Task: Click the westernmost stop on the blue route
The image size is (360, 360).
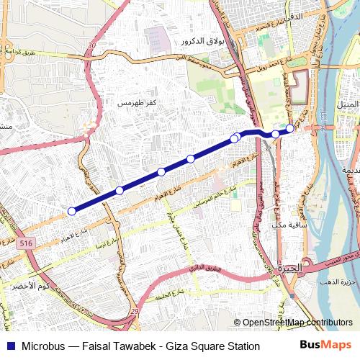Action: (x=71, y=211)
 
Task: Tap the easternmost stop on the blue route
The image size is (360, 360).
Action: (x=290, y=128)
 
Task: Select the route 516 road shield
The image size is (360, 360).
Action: (x=27, y=244)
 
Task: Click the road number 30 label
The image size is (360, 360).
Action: (x=91, y=46)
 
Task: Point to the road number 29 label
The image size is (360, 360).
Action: (x=135, y=310)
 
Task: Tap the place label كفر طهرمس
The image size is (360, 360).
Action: (x=137, y=103)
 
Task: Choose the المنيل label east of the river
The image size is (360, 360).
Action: (x=347, y=105)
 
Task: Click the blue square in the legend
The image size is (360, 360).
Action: (x=9, y=346)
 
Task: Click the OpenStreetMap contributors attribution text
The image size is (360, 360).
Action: (x=297, y=323)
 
